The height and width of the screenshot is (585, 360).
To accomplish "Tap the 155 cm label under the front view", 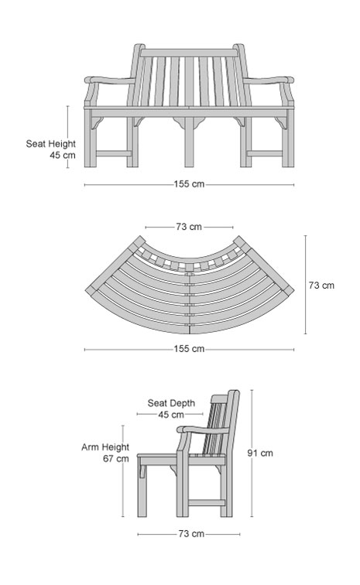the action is [189, 184].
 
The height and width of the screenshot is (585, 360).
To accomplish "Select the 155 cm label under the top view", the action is [189, 349].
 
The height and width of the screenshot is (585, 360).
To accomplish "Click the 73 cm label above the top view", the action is [189, 227].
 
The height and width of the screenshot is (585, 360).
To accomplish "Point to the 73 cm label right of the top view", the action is [321, 286].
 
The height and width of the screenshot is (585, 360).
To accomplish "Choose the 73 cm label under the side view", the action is [191, 534].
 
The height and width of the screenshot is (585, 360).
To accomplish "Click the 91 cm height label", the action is [260, 453].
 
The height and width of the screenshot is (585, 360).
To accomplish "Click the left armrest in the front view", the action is [111, 80].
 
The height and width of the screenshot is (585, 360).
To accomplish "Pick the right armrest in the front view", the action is [268, 80].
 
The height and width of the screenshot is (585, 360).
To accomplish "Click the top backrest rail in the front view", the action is [189, 53].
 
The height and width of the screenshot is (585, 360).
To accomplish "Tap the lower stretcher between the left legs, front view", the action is [114, 153].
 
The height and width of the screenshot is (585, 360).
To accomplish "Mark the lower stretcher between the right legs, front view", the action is [265, 153].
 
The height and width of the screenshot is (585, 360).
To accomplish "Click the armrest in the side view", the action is [204, 429].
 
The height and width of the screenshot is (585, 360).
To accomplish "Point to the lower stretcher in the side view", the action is [207, 503].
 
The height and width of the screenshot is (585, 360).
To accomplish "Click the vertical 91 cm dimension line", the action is [252, 453].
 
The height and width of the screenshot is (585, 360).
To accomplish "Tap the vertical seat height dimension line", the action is [68, 137].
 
